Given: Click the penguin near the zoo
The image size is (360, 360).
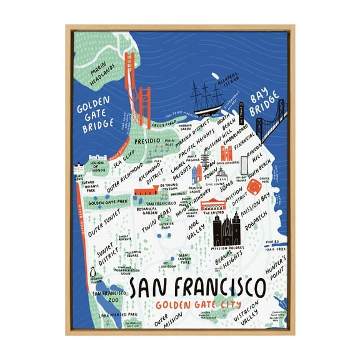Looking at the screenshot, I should [x=92, y=273].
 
